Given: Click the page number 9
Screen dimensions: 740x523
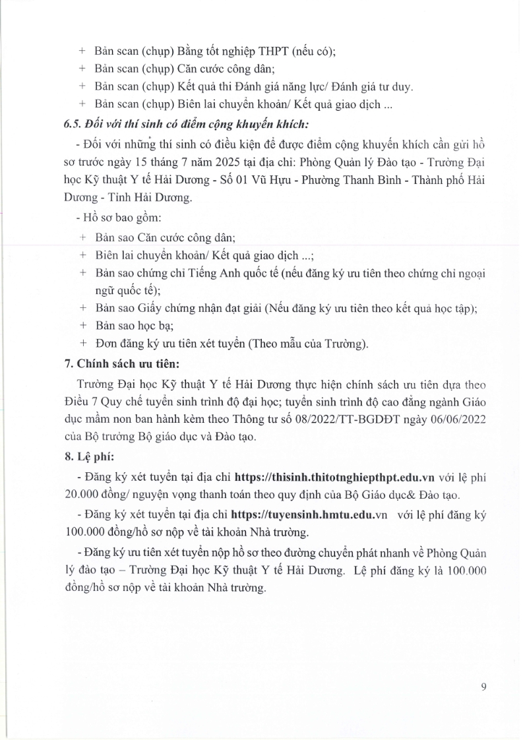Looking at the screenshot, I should coord(483,687).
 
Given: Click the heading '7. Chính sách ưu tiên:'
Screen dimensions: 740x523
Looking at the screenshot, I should coord(115,363).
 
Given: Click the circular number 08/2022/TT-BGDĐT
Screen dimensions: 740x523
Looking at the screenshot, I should coord(353,418).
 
